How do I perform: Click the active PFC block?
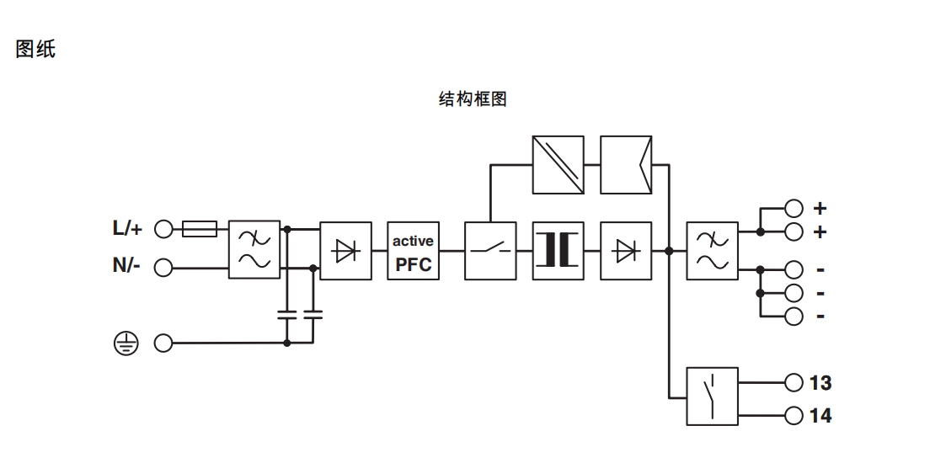click(x=413, y=251)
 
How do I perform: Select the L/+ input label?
click(x=128, y=228)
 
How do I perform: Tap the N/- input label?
click(x=127, y=267)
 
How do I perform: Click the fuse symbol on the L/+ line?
click(x=200, y=228)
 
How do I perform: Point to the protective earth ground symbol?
click(x=125, y=343)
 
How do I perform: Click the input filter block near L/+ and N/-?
click(x=254, y=251)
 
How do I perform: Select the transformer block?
click(x=558, y=251)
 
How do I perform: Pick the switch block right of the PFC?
click(x=490, y=251)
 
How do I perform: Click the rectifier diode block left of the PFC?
click(x=345, y=251)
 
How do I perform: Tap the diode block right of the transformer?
click(x=626, y=251)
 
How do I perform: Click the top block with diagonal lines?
click(x=558, y=165)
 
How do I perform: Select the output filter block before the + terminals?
click(x=712, y=251)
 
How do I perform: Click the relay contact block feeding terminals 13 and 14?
click(x=712, y=396)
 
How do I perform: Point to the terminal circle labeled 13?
click(x=793, y=382)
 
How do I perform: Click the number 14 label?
click(x=820, y=416)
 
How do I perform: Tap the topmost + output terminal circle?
click(x=793, y=207)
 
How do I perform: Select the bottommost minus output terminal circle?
click(x=793, y=316)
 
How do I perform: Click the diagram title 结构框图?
click(x=473, y=99)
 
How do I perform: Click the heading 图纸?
click(x=35, y=49)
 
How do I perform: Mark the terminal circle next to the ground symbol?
click(x=163, y=343)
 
